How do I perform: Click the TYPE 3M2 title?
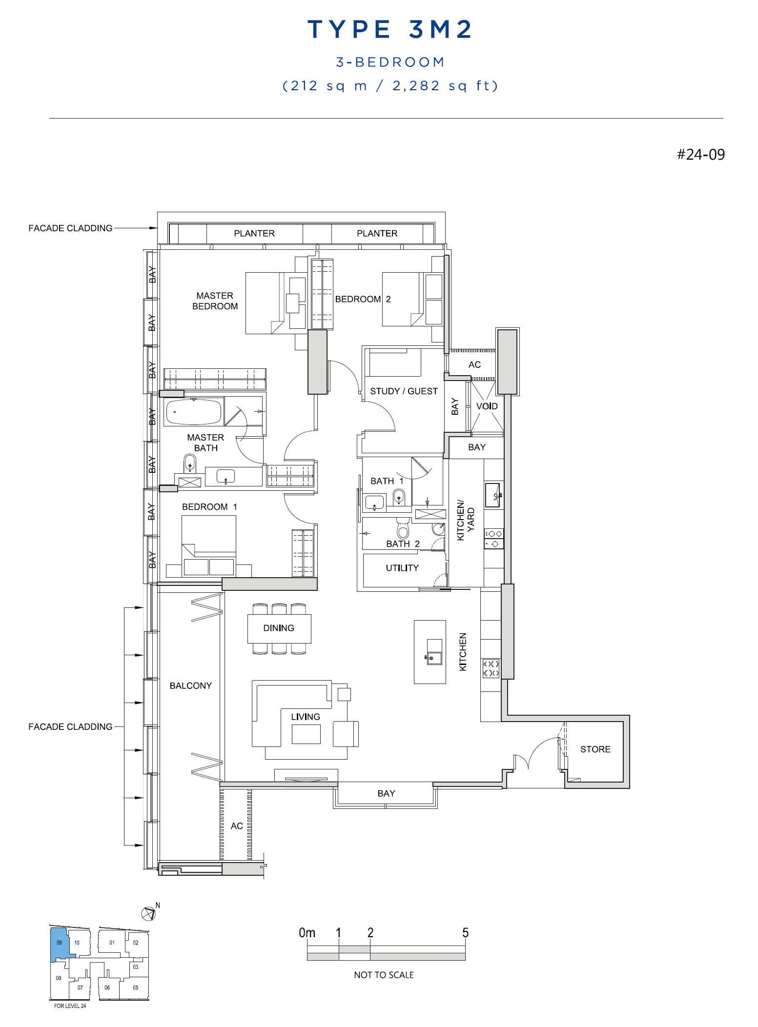[389, 29]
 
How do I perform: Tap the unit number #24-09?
[700, 155]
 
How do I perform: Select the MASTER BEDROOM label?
[215, 301]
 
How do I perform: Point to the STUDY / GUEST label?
[404, 391]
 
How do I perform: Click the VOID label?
[487, 406]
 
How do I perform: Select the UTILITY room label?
[402, 568]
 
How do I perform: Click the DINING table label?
[279, 628]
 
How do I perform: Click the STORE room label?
[595, 749]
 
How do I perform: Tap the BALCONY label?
[191, 685]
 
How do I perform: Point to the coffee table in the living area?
[306, 734]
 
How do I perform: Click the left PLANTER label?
[254, 233]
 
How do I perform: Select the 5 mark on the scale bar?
[465, 933]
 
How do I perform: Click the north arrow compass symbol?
[148, 913]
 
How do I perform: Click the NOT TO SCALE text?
[384, 975]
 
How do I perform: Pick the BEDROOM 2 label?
[363, 299]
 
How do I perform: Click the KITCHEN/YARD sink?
[492, 495]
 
